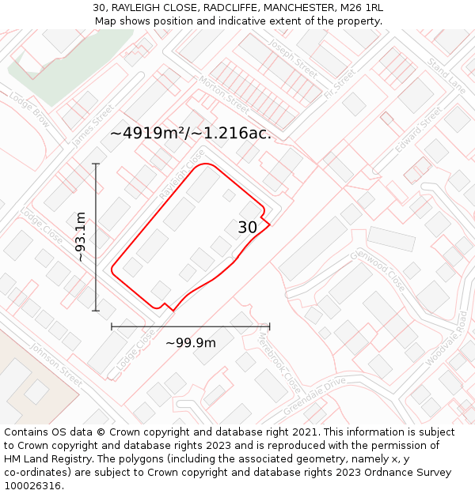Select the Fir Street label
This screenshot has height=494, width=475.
(340, 84)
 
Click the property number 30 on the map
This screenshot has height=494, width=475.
(248, 228)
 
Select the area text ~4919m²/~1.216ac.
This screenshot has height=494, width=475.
(190, 134)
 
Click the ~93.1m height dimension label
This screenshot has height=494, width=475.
(81, 236)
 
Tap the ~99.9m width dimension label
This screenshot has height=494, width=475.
(190, 343)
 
